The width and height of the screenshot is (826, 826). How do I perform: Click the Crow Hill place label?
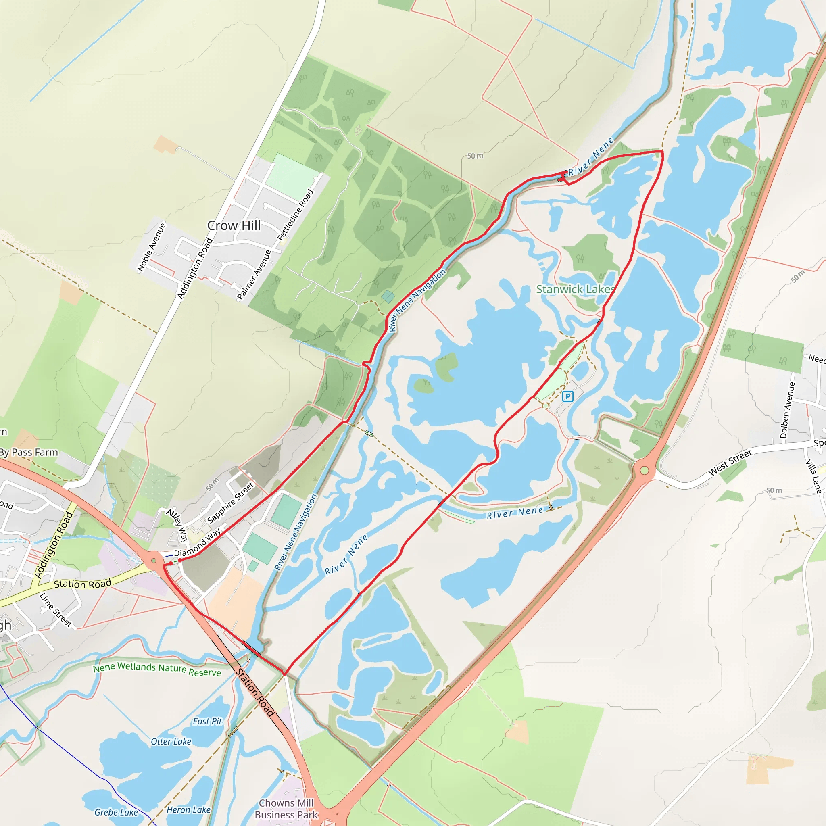click(x=234, y=225)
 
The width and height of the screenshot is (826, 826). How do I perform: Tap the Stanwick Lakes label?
click(x=576, y=290)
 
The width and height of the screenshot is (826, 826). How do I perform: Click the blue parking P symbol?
click(x=567, y=396)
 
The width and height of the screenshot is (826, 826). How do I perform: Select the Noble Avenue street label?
click(x=151, y=247)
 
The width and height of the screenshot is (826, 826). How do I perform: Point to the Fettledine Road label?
click(x=295, y=215)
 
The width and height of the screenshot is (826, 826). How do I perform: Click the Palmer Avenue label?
click(x=254, y=275)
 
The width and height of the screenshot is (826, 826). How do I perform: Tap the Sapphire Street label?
click(x=231, y=503)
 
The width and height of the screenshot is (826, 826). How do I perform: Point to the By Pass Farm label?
click(x=29, y=453)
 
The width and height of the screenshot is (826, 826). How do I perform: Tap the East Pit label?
click(x=207, y=721)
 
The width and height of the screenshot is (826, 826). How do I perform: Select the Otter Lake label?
click(x=171, y=742)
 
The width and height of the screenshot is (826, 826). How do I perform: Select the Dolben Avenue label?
click(x=787, y=410)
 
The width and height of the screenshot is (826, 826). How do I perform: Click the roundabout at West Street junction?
click(x=644, y=471)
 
